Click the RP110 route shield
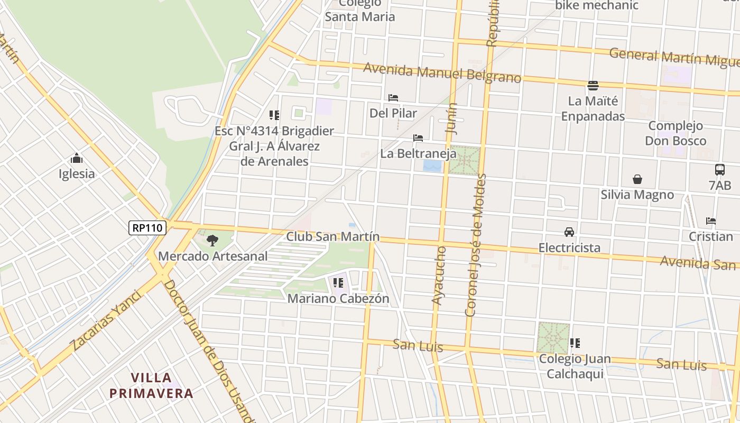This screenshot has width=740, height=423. [147, 228]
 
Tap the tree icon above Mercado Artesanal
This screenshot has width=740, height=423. [212, 241]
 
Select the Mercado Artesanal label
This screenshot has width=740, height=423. [213, 256]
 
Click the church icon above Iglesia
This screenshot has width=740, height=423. [77, 158]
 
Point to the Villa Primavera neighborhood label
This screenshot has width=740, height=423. [151, 385]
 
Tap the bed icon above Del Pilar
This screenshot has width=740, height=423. [393, 98]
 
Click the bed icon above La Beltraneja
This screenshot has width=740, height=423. [418, 138]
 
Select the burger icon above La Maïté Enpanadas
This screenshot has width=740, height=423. [593, 85]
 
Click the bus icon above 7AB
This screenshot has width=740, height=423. [720, 170]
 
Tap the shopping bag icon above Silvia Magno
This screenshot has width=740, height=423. [637, 179]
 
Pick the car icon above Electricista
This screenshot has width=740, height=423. [569, 232]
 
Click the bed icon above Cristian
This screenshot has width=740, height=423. [711, 221]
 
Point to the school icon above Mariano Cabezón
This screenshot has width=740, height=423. [338, 283]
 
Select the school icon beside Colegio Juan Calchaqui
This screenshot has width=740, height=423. [575, 343]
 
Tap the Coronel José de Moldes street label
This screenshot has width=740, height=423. [475, 246]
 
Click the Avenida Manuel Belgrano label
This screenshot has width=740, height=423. [442, 73]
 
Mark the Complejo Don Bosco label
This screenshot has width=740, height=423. [676, 133]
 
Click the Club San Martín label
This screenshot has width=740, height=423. [332, 236]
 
